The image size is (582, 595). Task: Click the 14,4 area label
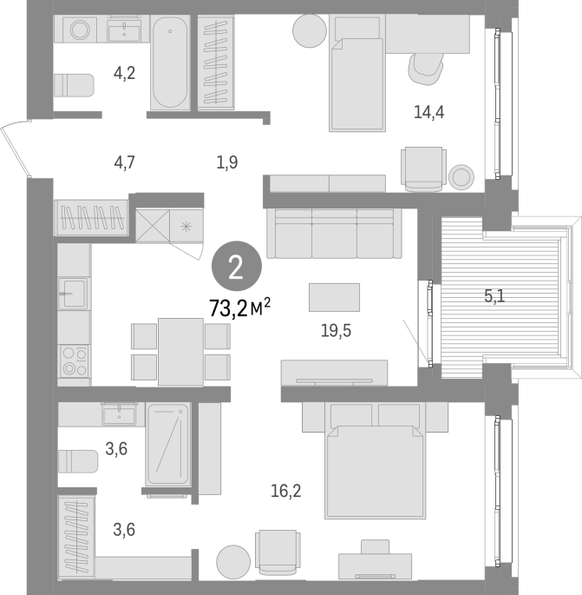point(428,112)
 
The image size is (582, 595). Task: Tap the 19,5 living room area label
point(336,331)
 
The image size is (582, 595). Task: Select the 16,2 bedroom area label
point(285,491)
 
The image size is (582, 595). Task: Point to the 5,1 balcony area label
point(494,295)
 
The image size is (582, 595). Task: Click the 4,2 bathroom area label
point(124,73)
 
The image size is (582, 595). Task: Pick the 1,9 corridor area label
point(227,162)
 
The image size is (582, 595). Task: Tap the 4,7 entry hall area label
point(124,162)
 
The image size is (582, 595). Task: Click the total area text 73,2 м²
point(240,307)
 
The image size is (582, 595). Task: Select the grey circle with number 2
point(237,266)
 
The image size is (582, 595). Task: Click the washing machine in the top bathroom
point(80,30)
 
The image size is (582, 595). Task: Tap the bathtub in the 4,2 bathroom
point(170,63)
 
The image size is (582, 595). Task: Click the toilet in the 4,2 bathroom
point(74,85)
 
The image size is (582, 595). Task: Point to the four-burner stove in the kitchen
point(75,360)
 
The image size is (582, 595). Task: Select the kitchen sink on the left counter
point(74,293)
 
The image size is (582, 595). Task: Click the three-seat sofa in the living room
point(334,233)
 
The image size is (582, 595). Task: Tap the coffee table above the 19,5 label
point(334,297)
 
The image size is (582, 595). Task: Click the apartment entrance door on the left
point(15,150)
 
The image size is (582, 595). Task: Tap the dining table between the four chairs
point(180,352)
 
